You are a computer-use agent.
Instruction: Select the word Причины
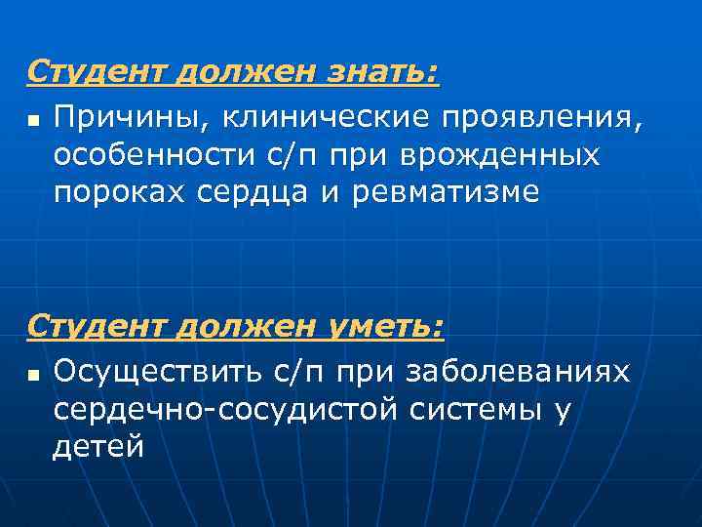point(131,119)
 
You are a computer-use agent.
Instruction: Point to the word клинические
point(320,119)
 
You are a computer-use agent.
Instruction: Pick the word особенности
point(156,155)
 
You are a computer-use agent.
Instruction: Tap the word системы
point(472,410)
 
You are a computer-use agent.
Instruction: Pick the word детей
point(98,447)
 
